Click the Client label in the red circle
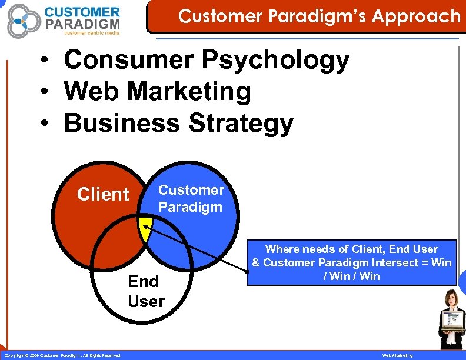tap(103, 194)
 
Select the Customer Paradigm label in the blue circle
tap(191, 198)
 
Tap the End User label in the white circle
tap(145, 291)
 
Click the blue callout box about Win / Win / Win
tap(352, 262)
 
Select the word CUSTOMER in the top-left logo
tap(82, 12)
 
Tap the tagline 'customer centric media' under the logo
tap(91, 33)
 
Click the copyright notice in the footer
tap(63, 355)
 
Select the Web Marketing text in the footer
tap(398, 355)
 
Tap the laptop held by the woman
tap(450, 321)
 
